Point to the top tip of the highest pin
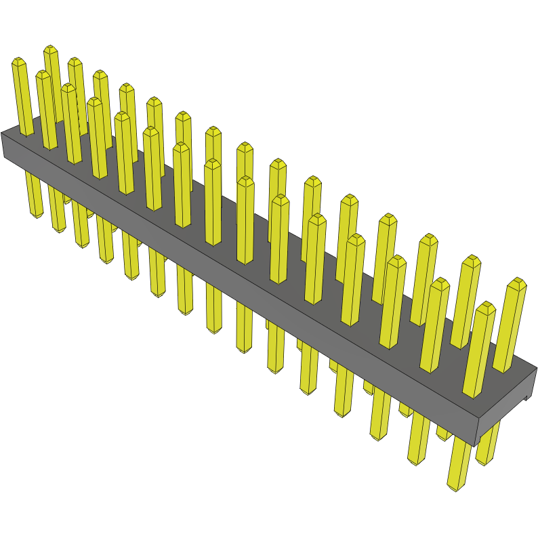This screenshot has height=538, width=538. tap(50, 48)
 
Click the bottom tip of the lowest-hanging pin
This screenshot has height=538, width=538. tap(455, 487)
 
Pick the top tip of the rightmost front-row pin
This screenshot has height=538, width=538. tap(485, 304)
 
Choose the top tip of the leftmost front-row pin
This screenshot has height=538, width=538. tap(18, 60)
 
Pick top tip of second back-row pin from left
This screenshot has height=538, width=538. tap(74, 60)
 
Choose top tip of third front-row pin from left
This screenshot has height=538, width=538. tap(68, 86)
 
